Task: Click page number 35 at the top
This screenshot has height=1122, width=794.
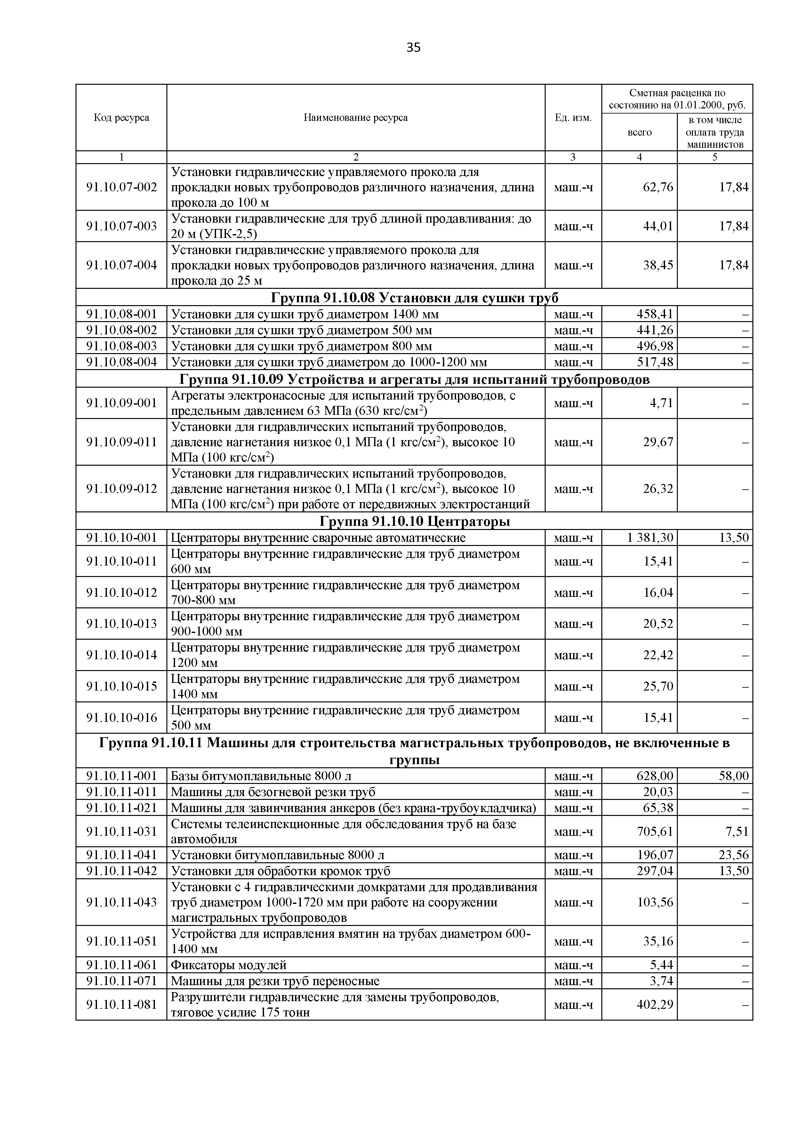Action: coord(413,47)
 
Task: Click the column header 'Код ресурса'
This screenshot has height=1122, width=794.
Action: coord(121,118)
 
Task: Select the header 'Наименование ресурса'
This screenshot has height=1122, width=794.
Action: coord(356,118)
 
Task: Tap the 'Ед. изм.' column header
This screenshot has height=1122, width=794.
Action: coord(573,118)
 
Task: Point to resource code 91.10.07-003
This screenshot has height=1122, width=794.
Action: coord(121,226)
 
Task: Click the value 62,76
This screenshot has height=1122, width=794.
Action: coord(658,187)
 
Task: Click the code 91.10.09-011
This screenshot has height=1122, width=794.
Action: coord(121,442)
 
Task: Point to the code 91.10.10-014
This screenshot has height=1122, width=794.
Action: coord(121,655)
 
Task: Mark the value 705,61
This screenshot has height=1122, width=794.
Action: coord(655,831)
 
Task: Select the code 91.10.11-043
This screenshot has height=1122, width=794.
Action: coord(121,902)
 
